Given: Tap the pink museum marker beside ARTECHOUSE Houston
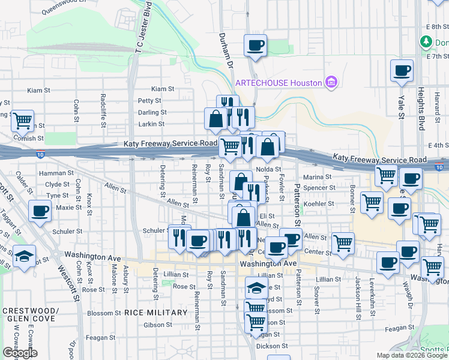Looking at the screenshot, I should point(330,82).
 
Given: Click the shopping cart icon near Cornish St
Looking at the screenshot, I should point(23,121).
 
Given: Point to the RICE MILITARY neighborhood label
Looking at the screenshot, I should point(156,313).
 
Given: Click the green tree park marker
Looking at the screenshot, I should point(426,42).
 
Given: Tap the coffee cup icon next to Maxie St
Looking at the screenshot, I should point(40,212).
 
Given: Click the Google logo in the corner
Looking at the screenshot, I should point(20,353).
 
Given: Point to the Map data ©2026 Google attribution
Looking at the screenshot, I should point(412,355).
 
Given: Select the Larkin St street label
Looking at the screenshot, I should point(151,124).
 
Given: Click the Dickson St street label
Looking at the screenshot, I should point(268,346).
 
